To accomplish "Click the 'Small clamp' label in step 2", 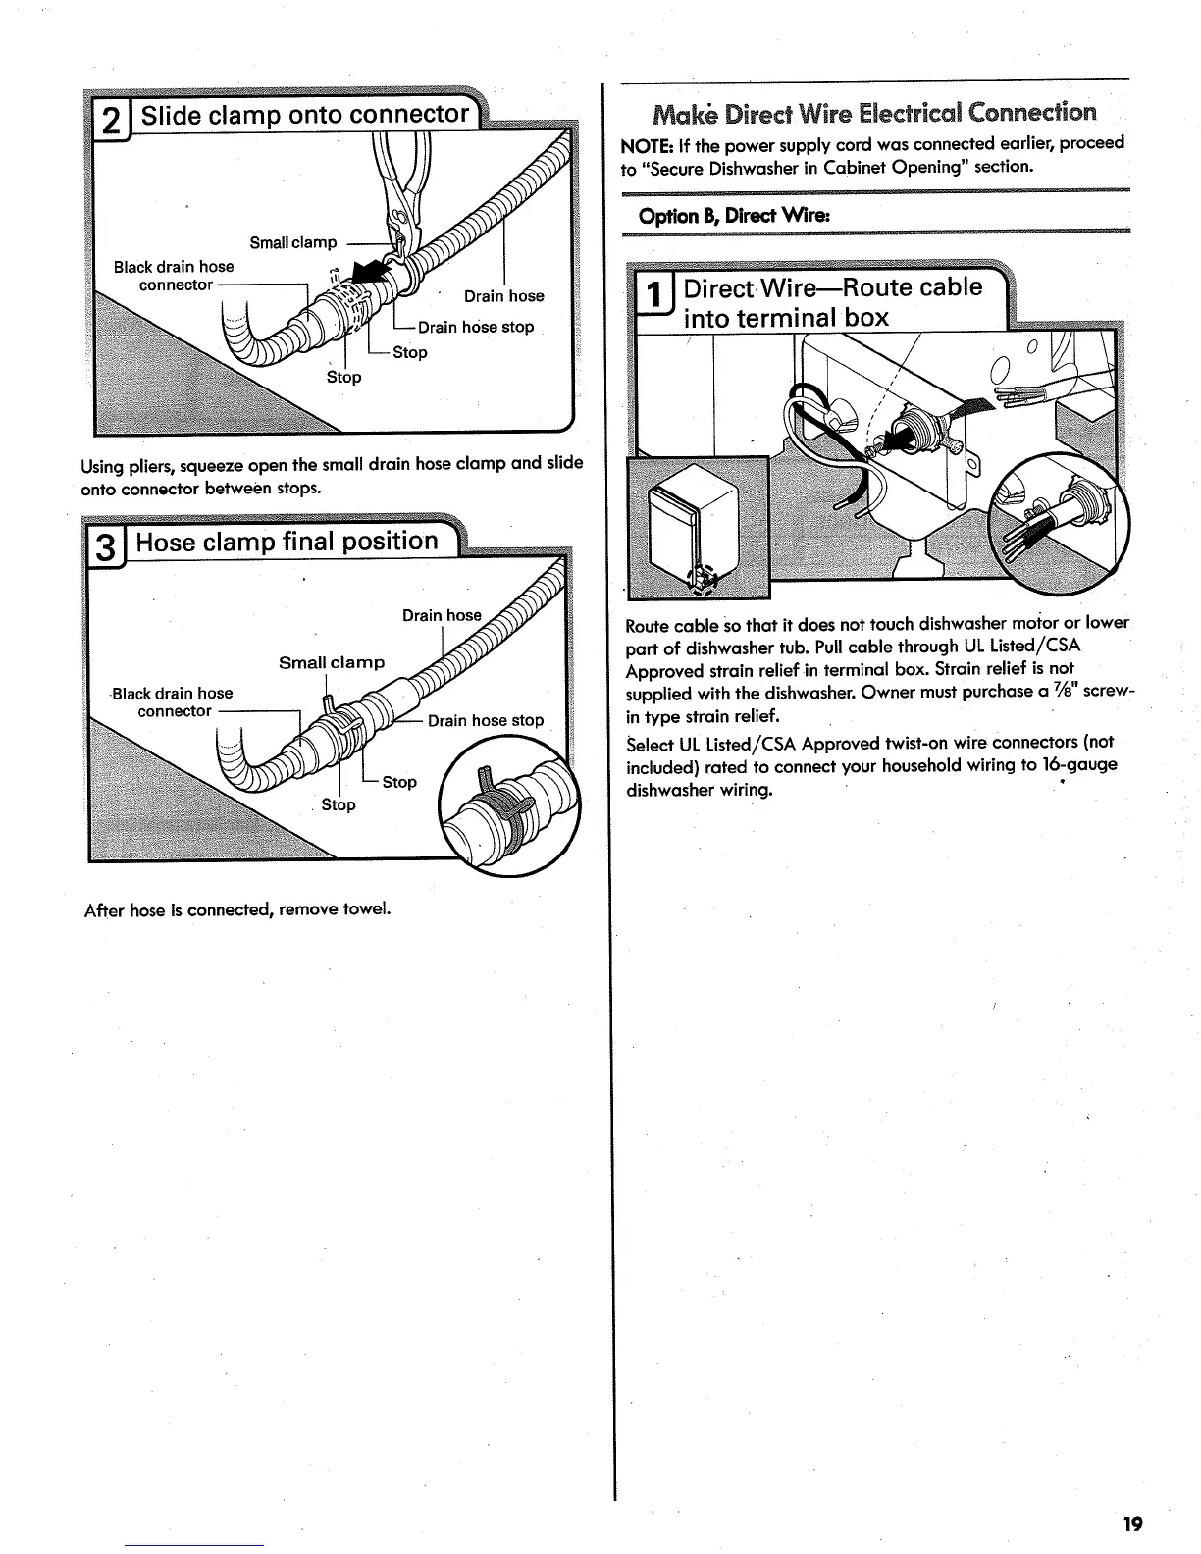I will [x=293, y=242].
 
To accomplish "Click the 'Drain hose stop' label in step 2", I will [x=476, y=327].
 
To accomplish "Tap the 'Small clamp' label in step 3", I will [x=332, y=662].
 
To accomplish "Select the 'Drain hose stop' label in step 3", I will [x=486, y=720].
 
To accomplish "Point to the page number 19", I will [x=1133, y=1524].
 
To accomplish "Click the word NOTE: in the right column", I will [x=643, y=143].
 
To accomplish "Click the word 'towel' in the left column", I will [x=368, y=909].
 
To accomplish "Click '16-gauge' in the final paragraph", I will [x=1075, y=764].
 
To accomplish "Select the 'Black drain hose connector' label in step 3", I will [x=174, y=701].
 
